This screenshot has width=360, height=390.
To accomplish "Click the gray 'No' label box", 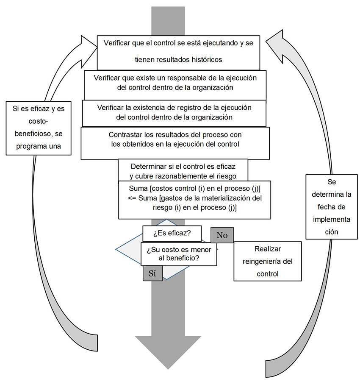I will (222, 235).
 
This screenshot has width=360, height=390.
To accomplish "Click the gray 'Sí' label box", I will (152, 273).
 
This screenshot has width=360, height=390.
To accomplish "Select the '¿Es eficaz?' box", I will (172, 233).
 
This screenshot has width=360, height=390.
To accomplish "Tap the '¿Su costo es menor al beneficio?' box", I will (179, 254).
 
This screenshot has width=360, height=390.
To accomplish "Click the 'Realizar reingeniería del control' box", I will (268, 261).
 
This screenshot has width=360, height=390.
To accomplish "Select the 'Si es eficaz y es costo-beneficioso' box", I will (39, 128).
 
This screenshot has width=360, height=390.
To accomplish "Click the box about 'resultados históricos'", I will (178, 53).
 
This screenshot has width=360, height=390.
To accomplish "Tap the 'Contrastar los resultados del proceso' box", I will (175, 143).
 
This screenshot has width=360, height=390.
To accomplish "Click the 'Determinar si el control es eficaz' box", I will (183, 170).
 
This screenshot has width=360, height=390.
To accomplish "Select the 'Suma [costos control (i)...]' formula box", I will (194, 200).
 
